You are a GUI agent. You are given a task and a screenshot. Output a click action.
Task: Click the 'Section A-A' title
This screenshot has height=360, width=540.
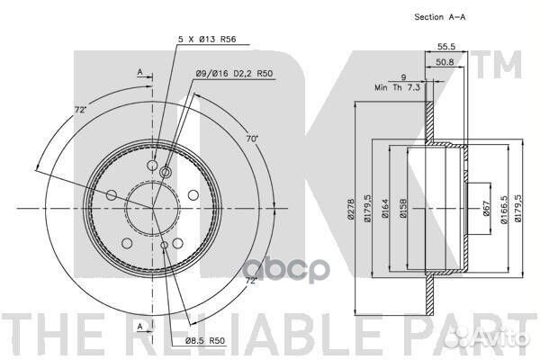[x=440, y=17]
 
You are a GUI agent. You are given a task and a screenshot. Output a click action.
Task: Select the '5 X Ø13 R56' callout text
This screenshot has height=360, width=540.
[x=207, y=40]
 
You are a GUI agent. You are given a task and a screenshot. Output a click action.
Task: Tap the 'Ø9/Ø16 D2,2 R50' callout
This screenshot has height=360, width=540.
[x=234, y=74]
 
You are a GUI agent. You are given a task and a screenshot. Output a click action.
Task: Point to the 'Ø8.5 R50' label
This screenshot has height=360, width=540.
[x=205, y=341]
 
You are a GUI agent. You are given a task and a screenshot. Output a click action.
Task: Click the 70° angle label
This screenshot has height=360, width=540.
[x=252, y=139]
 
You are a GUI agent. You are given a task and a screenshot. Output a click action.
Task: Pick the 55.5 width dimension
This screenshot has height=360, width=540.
[x=446, y=46]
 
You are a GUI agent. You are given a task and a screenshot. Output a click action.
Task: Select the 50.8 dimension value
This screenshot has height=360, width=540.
[x=445, y=62]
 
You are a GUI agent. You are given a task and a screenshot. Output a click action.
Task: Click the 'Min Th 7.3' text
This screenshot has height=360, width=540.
[x=398, y=87]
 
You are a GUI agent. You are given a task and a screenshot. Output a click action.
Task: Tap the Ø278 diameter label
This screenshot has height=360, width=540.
[x=351, y=209]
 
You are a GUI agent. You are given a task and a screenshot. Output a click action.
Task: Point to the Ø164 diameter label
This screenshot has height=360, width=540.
[x=385, y=209]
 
